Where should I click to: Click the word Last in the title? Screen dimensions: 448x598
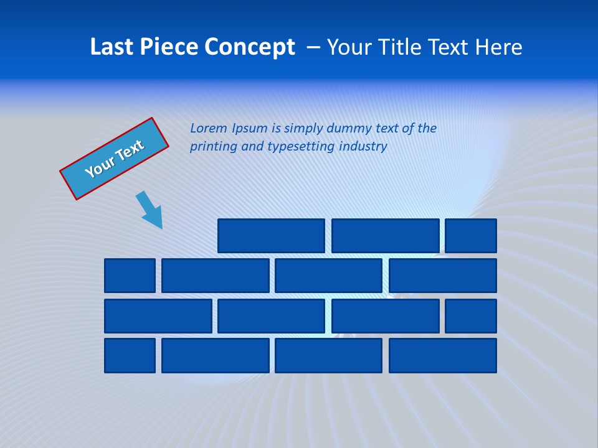coord(110,47)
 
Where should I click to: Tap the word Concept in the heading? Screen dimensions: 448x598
coord(250,47)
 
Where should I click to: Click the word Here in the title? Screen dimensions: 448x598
coord(498,47)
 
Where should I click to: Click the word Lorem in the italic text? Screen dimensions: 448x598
coord(209,129)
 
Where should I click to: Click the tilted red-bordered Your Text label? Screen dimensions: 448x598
coord(114,159)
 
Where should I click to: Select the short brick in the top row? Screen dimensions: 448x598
coord(471,236)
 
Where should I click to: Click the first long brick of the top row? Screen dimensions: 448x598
coord(271,236)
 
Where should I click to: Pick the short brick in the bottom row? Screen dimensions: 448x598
coord(130,355)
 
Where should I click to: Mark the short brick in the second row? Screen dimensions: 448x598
coord(130,276)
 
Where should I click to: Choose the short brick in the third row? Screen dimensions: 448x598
coord(471,316)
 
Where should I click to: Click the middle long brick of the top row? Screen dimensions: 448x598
coord(385,236)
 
